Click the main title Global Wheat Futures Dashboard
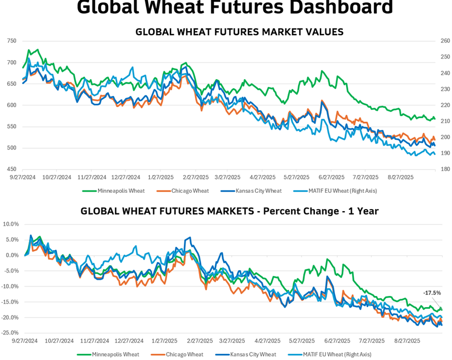tap(234, 8)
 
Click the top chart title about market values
tap(239, 32)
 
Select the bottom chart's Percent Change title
tap(230, 211)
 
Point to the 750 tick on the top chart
tap(12, 41)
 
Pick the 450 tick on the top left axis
tap(12, 169)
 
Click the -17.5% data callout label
tap(432, 293)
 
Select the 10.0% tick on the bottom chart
tap(11, 224)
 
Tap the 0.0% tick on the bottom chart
tap(12, 255)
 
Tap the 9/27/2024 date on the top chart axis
tap(23, 177)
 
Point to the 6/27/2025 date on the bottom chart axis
tap(337, 340)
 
